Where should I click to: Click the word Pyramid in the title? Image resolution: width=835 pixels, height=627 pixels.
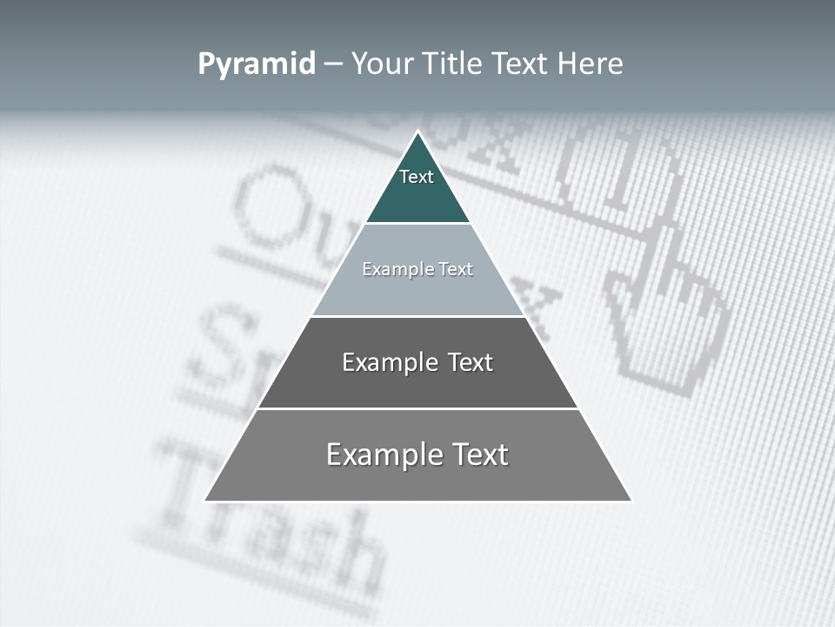point(257,64)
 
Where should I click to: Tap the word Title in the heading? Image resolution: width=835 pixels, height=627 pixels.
point(452,64)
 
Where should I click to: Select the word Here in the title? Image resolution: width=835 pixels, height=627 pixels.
point(591,64)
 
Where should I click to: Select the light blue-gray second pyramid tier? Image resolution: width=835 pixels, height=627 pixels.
point(417,292)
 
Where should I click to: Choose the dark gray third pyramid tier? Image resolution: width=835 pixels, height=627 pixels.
point(417,383)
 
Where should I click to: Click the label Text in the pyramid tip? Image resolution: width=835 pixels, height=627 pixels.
point(417,177)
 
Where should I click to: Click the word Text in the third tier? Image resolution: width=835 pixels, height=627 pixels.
point(471,362)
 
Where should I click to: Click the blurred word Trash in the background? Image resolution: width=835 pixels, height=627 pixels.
point(270,531)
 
